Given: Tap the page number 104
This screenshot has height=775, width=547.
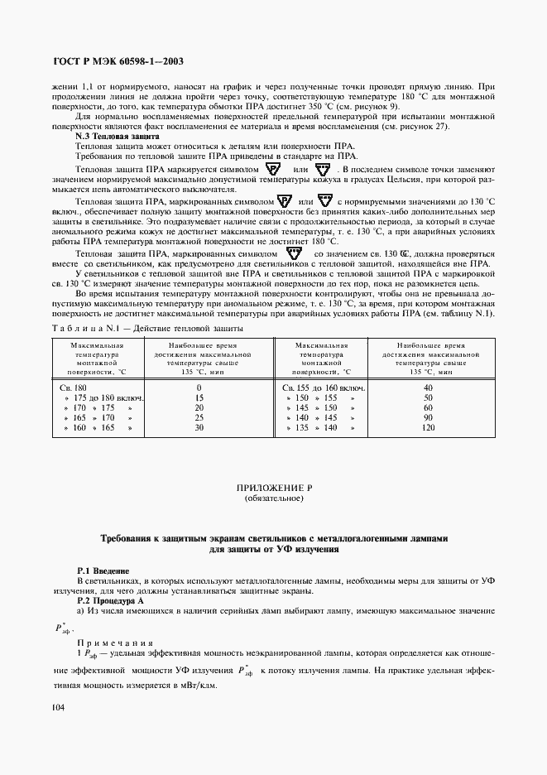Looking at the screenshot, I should pos(58,706).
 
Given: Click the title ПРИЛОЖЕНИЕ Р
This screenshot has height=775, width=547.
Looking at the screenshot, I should pos(273,491).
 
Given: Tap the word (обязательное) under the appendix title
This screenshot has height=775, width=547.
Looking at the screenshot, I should pos(273,500).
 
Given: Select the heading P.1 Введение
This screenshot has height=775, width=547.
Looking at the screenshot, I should pos(102,570).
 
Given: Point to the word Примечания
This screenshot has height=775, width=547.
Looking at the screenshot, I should pos(111,643).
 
